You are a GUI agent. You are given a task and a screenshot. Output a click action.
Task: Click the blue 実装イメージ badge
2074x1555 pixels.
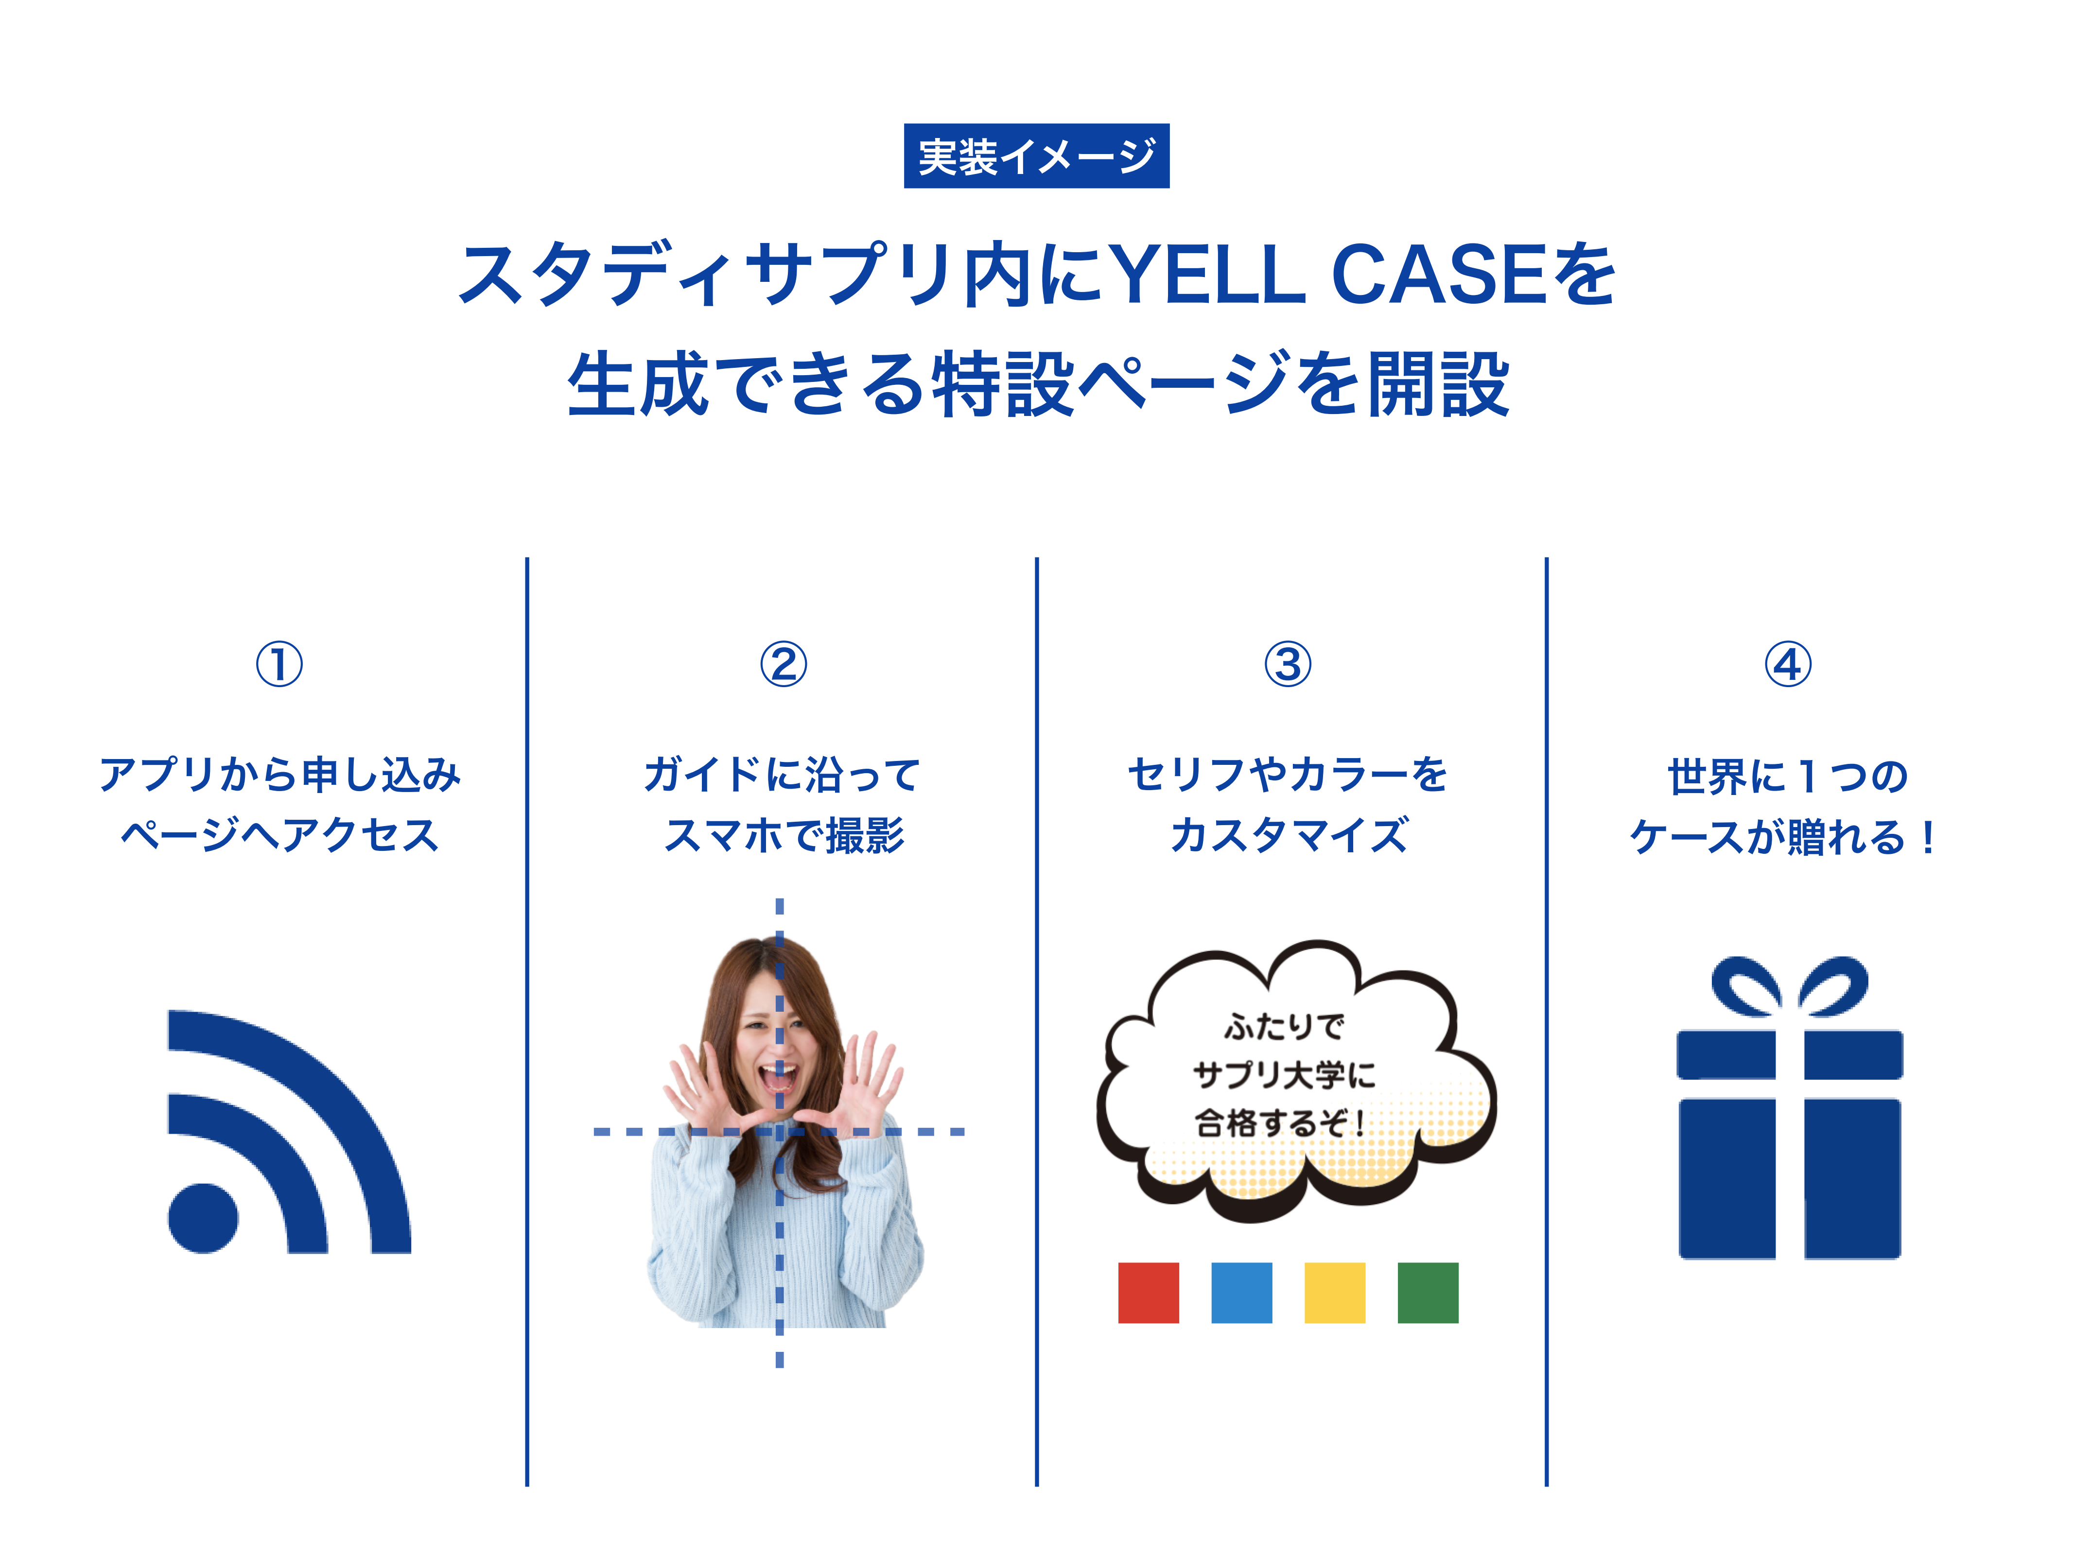coord(1036,155)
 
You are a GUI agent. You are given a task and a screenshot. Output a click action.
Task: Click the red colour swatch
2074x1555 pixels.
coord(1149,1293)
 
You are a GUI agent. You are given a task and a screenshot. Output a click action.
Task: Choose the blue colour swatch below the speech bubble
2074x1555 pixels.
coord(1241,1293)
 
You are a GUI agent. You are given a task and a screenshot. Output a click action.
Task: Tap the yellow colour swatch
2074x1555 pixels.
coord(1334,1293)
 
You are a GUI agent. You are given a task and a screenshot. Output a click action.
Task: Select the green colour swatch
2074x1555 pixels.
coord(1428,1293)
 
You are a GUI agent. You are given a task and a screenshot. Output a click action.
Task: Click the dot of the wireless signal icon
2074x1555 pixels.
coord(203,1218)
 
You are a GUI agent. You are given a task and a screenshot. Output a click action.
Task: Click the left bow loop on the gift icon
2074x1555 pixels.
coord(1746,986)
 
